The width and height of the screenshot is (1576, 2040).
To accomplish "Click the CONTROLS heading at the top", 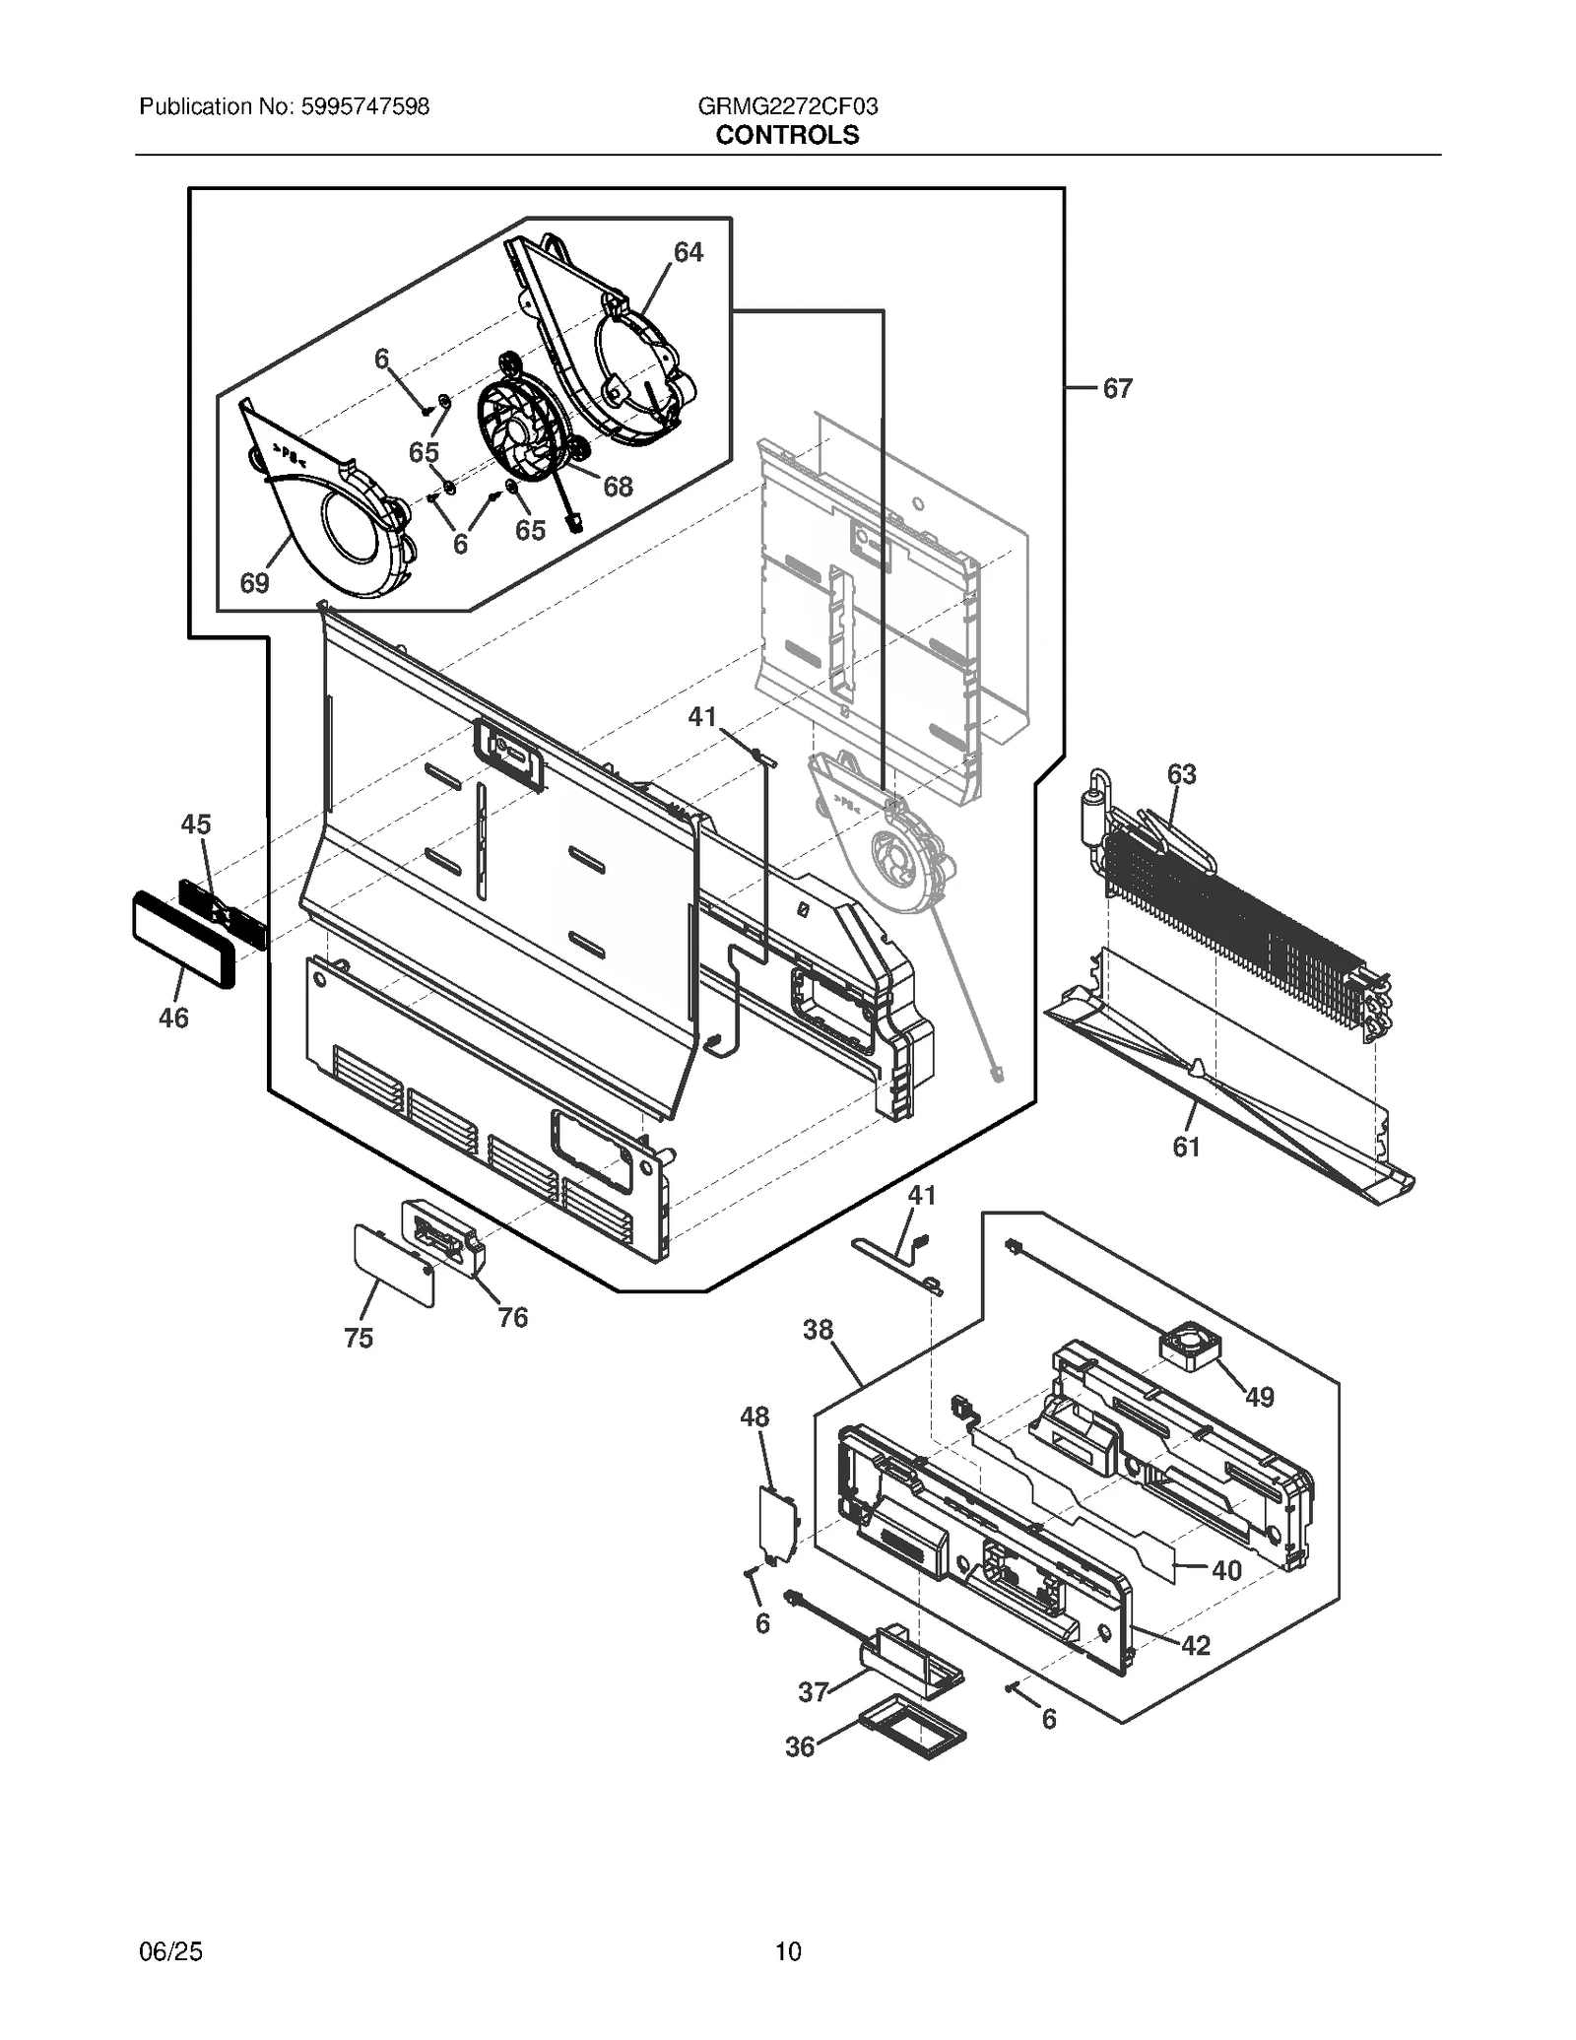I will [x=787, y=135].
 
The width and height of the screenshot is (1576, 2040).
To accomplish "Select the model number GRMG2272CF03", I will [x=787, y=106].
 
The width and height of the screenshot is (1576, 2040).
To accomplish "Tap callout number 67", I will [x=1117, y=389].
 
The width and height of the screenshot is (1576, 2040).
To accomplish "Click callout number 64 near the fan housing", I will [x=688, y=253].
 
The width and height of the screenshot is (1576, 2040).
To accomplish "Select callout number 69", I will [x=254, y=583].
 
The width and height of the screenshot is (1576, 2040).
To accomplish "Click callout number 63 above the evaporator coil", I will [x=1181, y=774].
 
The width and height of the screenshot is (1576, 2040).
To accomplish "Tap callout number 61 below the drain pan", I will [x=1186, y=1147].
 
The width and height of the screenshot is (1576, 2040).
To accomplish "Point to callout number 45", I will [x=195, y=823].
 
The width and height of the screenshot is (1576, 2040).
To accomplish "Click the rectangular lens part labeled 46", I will [x=182, y=939].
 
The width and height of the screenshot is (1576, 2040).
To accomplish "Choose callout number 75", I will [x=359, y=1338].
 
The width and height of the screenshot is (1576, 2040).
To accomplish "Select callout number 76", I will [x=512, y=1317].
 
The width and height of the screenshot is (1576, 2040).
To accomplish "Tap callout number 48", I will [x=755, y=1416].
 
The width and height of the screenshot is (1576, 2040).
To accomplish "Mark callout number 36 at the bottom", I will [x=800, y=1774].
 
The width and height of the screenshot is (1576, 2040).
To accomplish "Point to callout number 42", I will [x=1195, y=1645].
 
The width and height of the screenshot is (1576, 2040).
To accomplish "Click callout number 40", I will [x=1225, y=1570].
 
